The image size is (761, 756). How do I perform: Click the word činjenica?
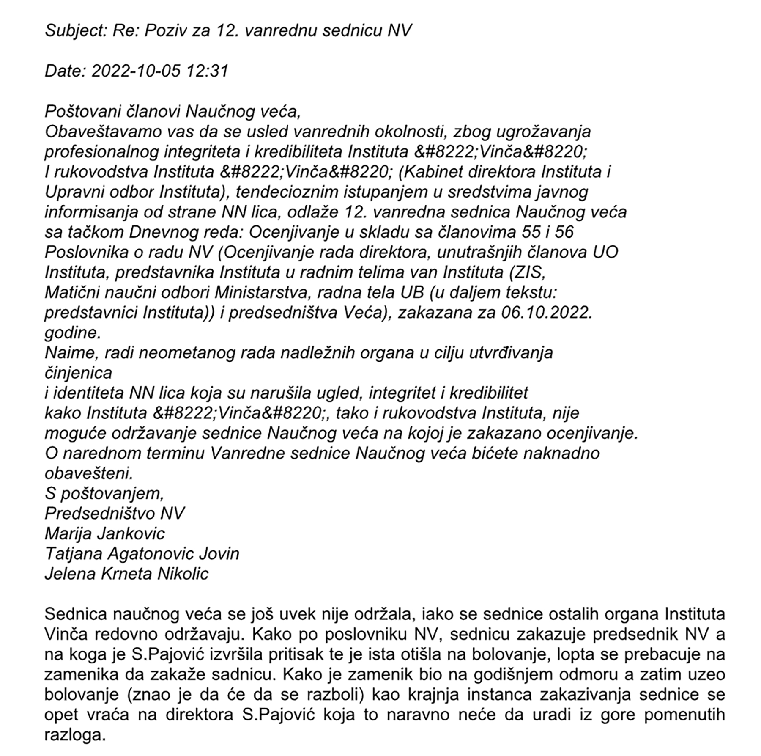(78, 373)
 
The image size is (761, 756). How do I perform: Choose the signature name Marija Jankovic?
(105, 534)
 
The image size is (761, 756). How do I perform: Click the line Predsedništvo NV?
(115, 514)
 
